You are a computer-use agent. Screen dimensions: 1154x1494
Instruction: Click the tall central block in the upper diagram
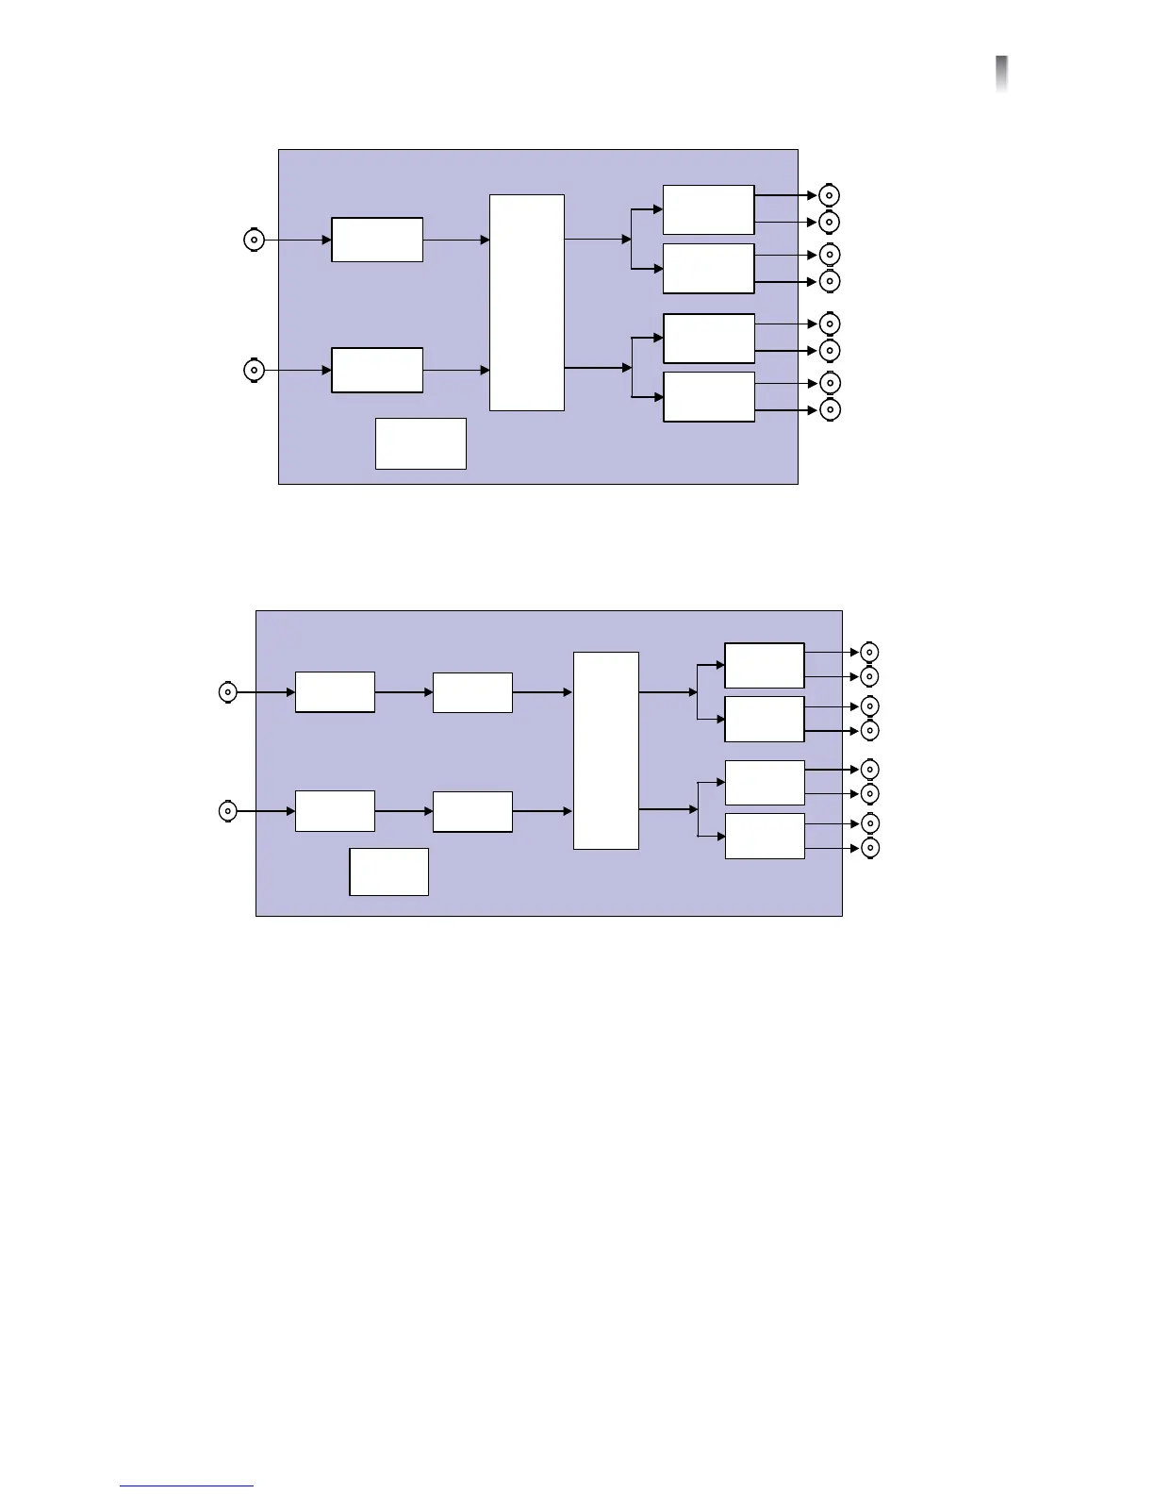[527, 303]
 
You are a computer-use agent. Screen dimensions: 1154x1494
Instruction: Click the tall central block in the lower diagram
[606, 751]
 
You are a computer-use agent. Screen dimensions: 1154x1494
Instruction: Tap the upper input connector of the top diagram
[254, 240]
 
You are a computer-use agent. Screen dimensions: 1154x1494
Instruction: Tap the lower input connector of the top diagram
[254, 371]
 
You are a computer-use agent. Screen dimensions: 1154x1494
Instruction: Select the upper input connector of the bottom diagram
[227, 692]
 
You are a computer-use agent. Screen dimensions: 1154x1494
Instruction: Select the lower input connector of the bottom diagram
[227, 811]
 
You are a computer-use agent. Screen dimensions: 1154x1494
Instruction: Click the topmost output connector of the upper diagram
[829, 195]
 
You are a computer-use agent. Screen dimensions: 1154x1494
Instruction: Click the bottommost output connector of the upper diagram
[829, 409]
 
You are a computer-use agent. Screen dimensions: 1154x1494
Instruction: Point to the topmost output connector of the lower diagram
[870, 652]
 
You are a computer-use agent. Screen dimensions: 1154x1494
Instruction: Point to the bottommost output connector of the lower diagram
[870, 848]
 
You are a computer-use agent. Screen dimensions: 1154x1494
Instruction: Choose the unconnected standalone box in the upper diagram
[420, 443]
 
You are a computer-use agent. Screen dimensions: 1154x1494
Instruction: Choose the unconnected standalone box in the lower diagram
[388, 871]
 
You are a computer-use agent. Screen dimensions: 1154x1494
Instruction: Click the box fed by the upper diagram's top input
[377, 240]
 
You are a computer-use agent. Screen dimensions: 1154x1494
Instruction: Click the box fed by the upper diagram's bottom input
[377, 371]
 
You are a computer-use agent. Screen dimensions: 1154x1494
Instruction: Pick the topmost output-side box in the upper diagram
[709, 209]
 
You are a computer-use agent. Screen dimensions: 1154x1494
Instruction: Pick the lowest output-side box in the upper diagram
[709, 397]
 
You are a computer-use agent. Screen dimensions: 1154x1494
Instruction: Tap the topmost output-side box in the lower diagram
[765, 666]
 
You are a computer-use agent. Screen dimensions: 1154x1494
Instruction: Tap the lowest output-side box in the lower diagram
[765, 837]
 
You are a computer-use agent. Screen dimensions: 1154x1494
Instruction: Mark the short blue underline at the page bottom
[187, 1486]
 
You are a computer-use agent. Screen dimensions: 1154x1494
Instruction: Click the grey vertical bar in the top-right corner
[1001, 74]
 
